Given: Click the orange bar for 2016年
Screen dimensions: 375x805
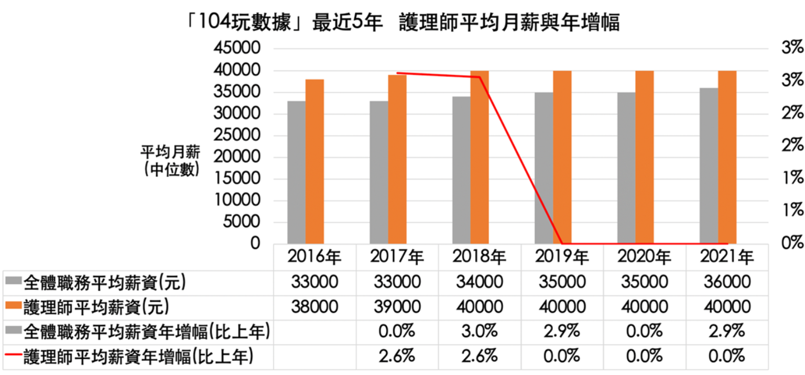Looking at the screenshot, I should [x=314, y=161].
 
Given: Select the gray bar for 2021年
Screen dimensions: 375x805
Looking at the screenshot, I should [x=709, y=166].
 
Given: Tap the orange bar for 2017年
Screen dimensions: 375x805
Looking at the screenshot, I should [x=397, y=159].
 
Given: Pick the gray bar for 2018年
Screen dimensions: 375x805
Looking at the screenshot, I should [x=461, y=170].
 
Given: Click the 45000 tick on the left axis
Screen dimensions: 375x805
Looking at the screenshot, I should [x=237, y=49].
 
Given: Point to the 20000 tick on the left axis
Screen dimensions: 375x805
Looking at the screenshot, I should [x=237, y=157].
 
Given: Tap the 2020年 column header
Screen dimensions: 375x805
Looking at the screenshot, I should [x=644, y=257].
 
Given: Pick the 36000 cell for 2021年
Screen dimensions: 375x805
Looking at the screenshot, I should [x=726, y=282].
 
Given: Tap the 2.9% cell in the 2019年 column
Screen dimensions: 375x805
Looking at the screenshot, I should [x=562, y=332].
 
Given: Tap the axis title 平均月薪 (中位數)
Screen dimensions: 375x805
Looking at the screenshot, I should [x=170, y=161].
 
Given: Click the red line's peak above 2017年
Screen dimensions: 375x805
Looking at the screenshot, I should [x=397, y=73].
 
